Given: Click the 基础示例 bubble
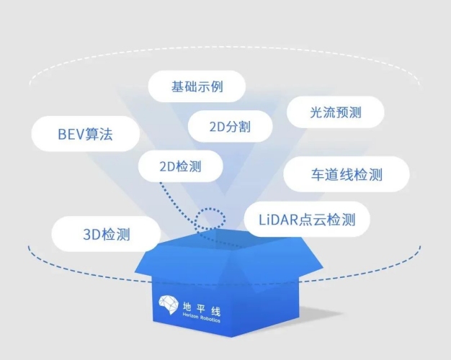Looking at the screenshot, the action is pos(197,86).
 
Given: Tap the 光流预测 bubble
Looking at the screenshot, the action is pos(336,112).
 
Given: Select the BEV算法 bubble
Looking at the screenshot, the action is pos(86,134).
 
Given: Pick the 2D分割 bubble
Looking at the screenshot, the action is pos(230,126).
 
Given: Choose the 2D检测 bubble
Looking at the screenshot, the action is pos(181,166).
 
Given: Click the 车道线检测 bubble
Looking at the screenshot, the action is pos(347,174).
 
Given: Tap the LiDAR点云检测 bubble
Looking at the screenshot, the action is pos(307,220).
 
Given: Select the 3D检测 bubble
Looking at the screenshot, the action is pos(106,234).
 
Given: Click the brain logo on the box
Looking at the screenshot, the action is pos(169,305).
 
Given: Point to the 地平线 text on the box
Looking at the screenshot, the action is pos(202,309).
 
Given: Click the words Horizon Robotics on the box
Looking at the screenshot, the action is pos(201,318).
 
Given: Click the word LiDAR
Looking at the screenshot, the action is pos(278,220).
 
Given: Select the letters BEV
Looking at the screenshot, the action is pos(71,135).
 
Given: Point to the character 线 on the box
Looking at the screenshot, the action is pos(215,312).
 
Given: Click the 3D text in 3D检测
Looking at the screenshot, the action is pos(91,235).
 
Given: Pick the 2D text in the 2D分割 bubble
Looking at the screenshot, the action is pos(217,127).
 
